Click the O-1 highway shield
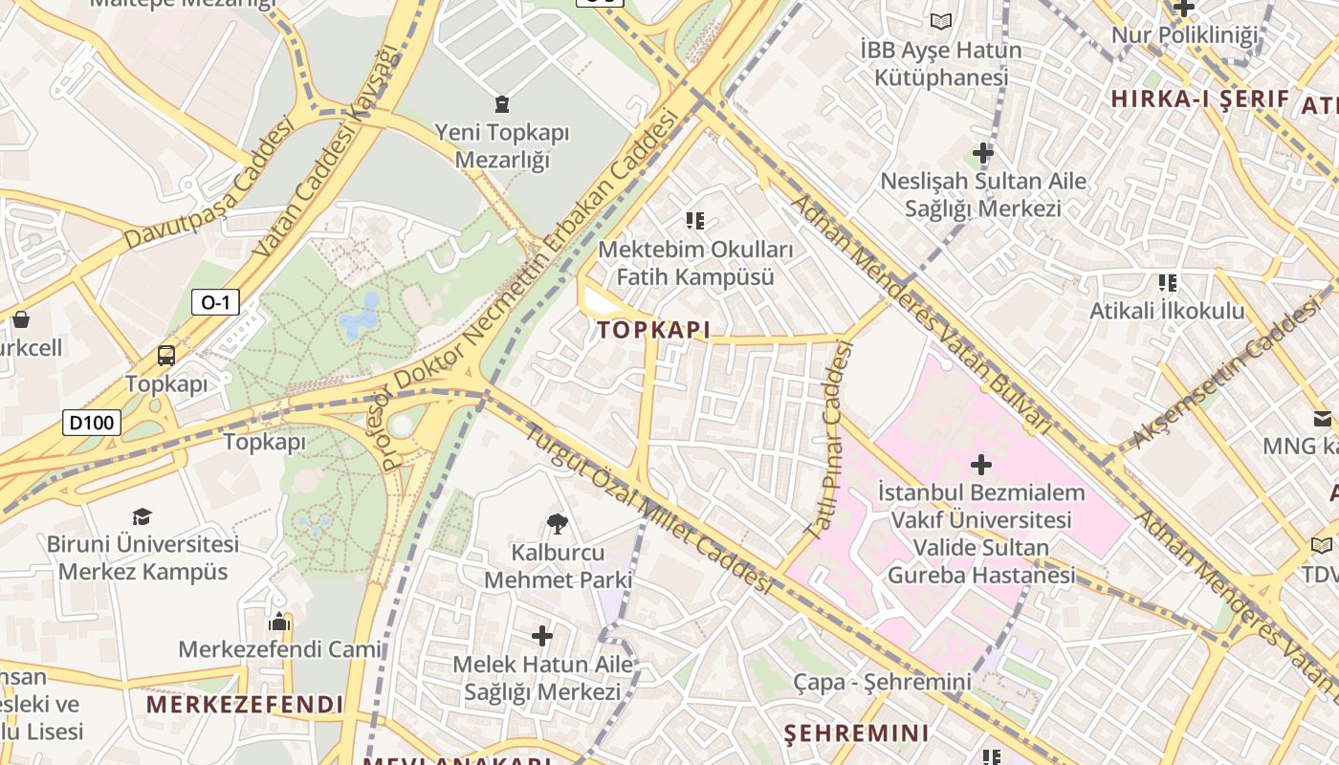coord(215,303)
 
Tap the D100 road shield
coord(92,422)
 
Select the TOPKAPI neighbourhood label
coord(653,331)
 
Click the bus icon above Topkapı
coord(166,356)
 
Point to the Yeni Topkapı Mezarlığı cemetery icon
coord(501,103)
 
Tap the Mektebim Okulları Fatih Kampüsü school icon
coord(695,221)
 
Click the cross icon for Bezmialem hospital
coord(980,466)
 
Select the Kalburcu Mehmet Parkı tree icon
coord(558,523)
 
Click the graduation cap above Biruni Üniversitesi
coord(143,516)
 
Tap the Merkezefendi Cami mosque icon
coord(279,622)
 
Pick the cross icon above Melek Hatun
coord(542,635)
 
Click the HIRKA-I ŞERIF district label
coord(1199,98)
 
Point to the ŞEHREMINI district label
coord(856,733)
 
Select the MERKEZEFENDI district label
coord(245,705)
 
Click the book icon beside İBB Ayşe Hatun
coord(941,21)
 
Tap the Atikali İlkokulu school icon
coord(1167,282)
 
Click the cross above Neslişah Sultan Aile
coord(982,152)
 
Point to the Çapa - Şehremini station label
coord(882,682)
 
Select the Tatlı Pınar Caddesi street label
coord(827,442)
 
